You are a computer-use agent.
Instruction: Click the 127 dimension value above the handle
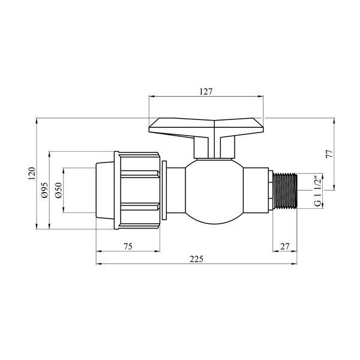point(206,92)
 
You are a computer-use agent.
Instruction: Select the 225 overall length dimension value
point(197,259)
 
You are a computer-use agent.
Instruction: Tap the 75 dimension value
point(128,247)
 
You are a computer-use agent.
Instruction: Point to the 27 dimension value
point(284,247)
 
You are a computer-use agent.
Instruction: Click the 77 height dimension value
point(329,154)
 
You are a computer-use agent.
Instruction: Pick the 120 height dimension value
point(32,173)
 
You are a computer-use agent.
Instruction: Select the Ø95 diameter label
point(44,190)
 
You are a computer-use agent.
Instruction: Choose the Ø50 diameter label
point(58,190)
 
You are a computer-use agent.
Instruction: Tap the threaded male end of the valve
point(285,191)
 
